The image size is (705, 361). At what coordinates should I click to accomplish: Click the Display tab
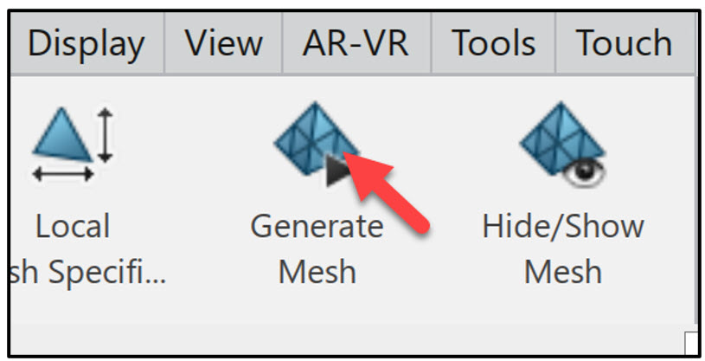(85, 43)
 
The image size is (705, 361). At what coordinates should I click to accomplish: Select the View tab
(224, 43)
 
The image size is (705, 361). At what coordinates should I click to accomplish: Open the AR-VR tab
(355, 43)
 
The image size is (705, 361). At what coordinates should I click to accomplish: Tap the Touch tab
(623, 43)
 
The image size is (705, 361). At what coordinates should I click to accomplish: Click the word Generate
(317, 227)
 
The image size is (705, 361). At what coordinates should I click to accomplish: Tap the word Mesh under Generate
(317, 272)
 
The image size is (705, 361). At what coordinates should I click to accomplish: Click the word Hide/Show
(562, 227)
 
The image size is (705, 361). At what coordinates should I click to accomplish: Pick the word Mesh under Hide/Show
(562, 272)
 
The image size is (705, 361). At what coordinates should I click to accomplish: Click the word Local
(73, 227)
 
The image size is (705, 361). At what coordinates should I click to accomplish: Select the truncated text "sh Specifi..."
(87, 272)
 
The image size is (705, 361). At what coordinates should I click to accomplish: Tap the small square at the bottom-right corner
(690, 341)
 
